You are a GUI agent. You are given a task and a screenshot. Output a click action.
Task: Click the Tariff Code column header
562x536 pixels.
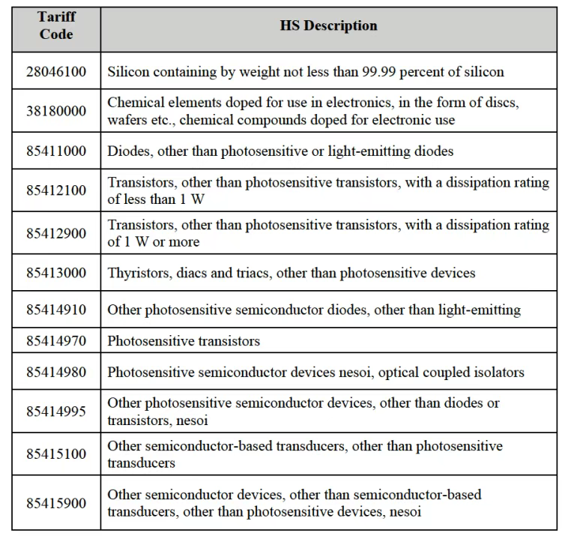pyautogui.click(x=56, y=26)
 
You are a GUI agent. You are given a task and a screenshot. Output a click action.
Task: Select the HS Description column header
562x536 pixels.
pyautogui.click(x=328, y=25)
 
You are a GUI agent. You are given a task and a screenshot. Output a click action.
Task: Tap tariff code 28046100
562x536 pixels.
pyautogui.click(x=56, y=72)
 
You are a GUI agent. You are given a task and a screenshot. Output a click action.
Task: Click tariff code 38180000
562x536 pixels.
pyautogui.click(x=56, y=111)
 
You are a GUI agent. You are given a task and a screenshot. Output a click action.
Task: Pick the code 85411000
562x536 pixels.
pyautogui.click(x=56, y=151)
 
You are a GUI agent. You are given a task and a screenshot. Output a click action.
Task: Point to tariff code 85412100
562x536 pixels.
pyautogui.click(x=56, y=190)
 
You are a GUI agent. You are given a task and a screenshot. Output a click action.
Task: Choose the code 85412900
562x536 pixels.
pyautogui.click(x=56, y=233)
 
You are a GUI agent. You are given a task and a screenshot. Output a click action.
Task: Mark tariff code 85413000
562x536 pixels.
pyautogui.click(x=56, y=273)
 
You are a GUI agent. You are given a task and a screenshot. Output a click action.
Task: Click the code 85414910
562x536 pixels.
pyautogui.click(x=56, y=309)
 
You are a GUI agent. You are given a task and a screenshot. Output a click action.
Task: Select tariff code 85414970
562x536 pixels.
pyautogui.click(x=56, y=341)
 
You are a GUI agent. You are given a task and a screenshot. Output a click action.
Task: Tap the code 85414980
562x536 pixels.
pyautogui.click(x=56, y=372)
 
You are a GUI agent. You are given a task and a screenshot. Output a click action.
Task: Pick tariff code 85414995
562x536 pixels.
pyautogui.click(x=56, y=412)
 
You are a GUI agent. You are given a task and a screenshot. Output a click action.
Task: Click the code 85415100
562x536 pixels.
pyautogui.click(x=56, y=454)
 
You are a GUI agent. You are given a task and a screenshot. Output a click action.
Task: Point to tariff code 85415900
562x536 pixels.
pyautogui.click(x=56, y=503)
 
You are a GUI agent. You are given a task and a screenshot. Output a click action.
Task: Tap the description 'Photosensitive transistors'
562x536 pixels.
pyautogui.click(x=184, y=341)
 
